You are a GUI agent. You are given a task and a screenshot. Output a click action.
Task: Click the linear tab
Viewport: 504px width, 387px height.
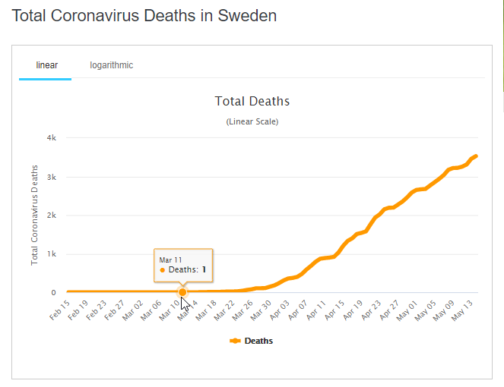point(46,65)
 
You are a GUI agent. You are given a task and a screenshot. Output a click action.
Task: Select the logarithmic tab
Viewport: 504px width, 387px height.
point(111,65)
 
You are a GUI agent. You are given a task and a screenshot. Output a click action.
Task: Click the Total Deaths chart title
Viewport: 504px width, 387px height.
point(252,101)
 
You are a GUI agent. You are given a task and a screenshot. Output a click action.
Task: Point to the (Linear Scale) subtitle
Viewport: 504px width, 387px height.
point(252,121)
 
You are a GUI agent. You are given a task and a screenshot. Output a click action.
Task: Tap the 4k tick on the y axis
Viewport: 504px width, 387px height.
point(52,138)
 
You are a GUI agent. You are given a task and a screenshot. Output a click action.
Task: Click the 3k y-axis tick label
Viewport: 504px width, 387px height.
point(52,177)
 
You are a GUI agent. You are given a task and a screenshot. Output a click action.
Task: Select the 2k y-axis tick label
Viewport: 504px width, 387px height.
point(52,216)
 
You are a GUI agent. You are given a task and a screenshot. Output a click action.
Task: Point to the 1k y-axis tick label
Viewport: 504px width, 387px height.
point(52,254)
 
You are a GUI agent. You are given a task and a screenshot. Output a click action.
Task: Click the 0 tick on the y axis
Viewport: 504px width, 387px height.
point(54,293)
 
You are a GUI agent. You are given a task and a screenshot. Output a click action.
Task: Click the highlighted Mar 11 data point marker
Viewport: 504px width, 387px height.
point(182,292)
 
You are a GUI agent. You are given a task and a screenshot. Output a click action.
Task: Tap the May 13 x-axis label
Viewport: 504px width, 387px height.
point(464,310)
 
